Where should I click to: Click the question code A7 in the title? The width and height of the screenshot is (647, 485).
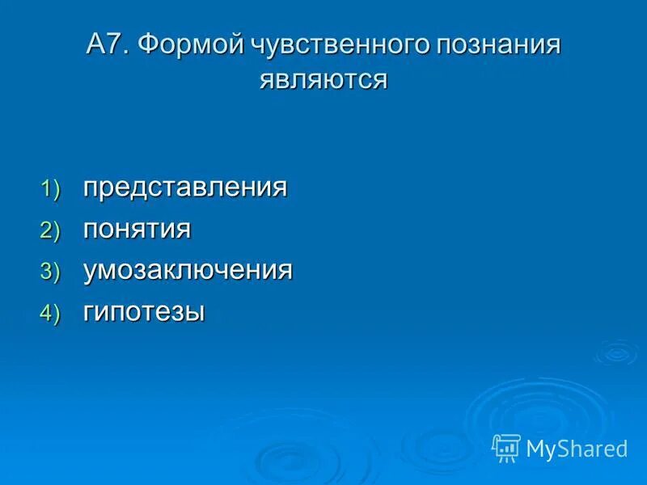click(x=108, y=45)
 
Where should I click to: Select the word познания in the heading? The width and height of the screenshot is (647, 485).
click(x=498, y=46)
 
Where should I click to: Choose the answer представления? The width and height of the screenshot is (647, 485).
click(x=185, y=188)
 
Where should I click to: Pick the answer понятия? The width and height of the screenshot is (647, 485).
click(x=137, y=230)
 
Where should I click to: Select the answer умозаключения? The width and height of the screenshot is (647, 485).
click(x=188, y=271)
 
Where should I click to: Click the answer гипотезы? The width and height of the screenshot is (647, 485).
click(x=144, y=312)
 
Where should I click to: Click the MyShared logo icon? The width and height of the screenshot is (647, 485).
click(x=506, y=447)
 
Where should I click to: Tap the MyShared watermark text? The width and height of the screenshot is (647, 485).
click(x=577, y=449)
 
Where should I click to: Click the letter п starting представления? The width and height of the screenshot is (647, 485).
click(x=91, y=189)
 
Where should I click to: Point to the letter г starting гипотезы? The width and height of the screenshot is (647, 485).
click(x=89, y=313)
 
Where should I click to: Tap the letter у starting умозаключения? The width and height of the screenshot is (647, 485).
click(x=90, y=272)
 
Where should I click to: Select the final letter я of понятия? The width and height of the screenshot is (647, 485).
click(x=184, y=230)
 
